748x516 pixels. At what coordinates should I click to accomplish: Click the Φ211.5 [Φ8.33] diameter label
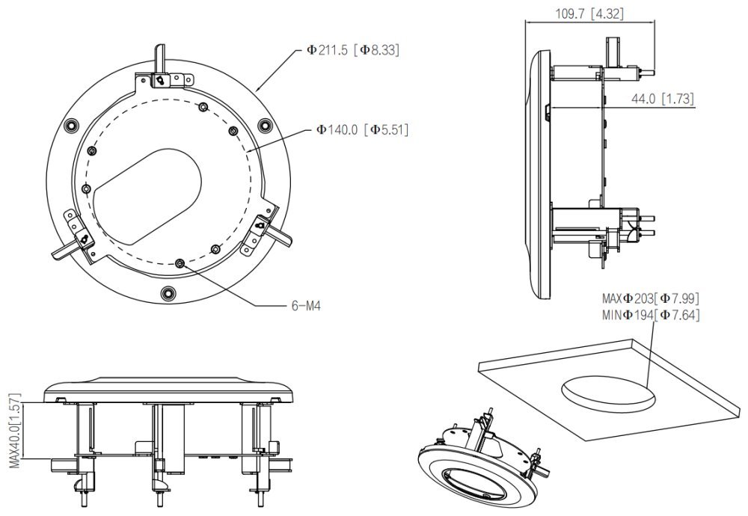(352, 51)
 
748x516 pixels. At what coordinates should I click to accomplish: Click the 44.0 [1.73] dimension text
(662, 99)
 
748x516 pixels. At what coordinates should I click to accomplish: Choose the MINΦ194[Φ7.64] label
(651, 315)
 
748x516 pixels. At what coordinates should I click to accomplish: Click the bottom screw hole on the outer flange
(167, 291)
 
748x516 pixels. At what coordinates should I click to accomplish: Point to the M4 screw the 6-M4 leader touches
(180, 262)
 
